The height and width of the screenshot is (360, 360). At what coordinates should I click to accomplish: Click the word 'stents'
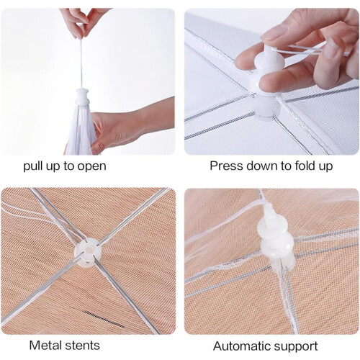coord(83,346)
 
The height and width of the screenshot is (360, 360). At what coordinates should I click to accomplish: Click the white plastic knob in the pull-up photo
coord(83,96)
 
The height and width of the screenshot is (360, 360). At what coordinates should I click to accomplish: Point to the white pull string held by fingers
coord(81,63)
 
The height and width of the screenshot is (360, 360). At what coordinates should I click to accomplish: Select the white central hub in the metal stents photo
coord(88,253)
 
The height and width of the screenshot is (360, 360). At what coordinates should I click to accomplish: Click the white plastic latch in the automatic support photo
coord(275,236)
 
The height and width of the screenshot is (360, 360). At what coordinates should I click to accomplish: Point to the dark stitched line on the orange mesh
coord(104,318)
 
